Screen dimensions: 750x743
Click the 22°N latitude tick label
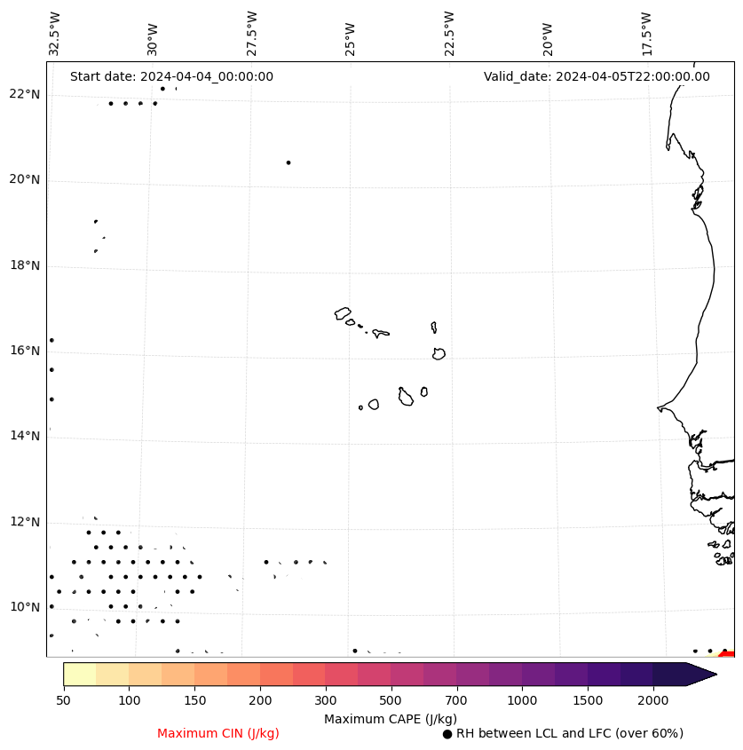coord(25,94)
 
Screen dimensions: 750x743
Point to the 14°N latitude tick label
coord(25,436)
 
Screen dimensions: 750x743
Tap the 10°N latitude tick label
coord(25,607)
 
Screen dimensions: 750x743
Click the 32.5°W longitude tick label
coord(55,33)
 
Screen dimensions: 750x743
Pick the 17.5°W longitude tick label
coord(646,33)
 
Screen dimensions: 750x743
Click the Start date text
coord(171,76)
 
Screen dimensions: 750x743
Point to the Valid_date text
coord(597,76)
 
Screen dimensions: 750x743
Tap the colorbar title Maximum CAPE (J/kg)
coord(390,718)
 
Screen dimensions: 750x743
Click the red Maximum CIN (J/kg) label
coord(218,733)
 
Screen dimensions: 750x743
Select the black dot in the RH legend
coord(447,734)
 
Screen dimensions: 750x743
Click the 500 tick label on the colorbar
coord(391,701)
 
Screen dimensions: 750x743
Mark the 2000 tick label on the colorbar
coord(653,701)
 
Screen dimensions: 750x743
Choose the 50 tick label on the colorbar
coord(63,701)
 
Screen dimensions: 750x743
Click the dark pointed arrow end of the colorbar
coord(700,674)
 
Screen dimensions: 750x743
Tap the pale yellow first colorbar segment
coord(80,674)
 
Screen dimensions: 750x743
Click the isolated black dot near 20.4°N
coord(289,162)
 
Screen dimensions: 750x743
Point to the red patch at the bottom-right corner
coord(728,653)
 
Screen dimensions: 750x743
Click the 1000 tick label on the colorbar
coord(522,701)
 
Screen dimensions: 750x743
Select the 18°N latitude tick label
coord(25,265)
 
